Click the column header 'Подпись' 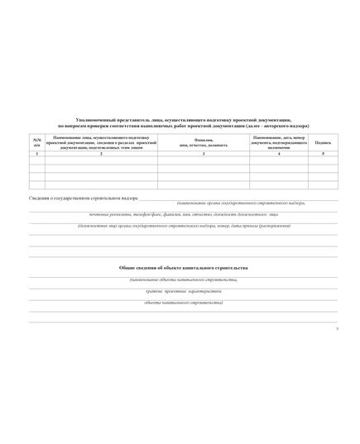point(322,142)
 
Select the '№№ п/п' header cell point(36,142)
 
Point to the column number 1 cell point(36,155)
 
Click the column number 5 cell point(322,155)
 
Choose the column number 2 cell point(101,155)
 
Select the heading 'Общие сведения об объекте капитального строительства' point(183,269)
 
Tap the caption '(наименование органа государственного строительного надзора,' point(240,203)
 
